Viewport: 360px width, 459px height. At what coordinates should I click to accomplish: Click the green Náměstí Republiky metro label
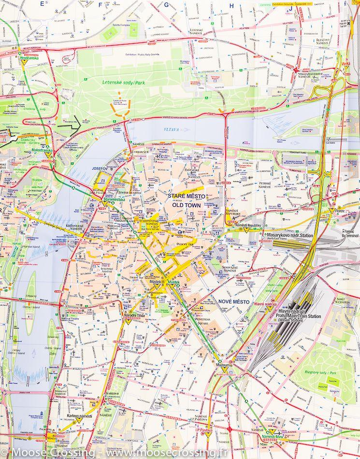[x=248, y=226]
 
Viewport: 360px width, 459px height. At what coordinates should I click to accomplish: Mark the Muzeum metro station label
[x=223, y=365]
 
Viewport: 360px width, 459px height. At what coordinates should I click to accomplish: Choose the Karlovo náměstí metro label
[x=80, y=416]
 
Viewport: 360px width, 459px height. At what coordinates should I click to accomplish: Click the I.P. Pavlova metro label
[x=205, y=429]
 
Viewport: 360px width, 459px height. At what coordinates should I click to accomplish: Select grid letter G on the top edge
[x=167, y=5]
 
